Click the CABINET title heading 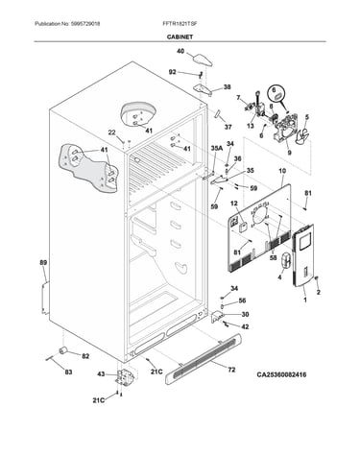point(180,36)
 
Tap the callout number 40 point(180,51)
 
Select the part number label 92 point(173,72)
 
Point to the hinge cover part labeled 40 point(203,60)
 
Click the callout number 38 point(227,86)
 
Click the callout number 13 point(251,126)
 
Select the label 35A point(216,149)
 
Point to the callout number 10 point(282,171)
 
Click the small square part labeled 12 point(244,227)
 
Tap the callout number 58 point(273,257)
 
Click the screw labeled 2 point(317,278)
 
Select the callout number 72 point(231,370)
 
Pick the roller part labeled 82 point(62,350)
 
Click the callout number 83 point(68,372)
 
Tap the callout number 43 point(101,373)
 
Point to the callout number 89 point(43,263)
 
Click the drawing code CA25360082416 point(281,374)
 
